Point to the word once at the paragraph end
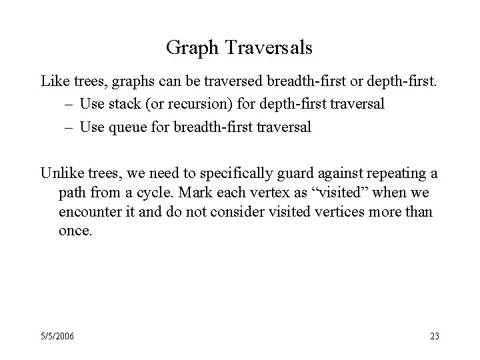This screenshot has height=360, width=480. pos(73,231)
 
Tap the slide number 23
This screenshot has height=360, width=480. pos(434,336)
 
